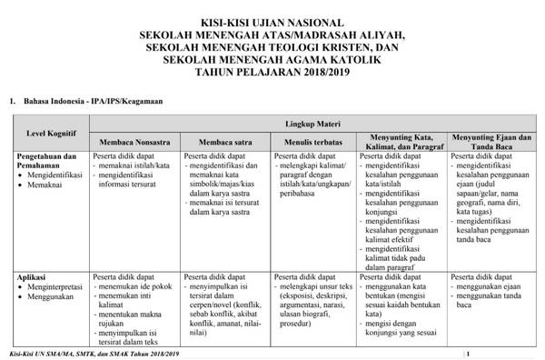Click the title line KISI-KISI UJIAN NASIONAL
tap(272, 22)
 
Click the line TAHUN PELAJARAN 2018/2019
tap(272, 72)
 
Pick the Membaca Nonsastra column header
tap(135, 141)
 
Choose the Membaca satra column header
tap(224, 141)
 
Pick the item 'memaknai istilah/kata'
tap(135, 167)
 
